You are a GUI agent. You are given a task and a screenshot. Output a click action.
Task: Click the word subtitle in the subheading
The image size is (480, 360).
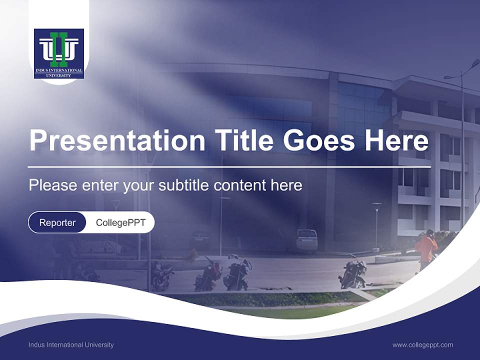pos(184,185)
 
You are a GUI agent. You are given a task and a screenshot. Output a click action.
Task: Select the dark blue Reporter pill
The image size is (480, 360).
pos(57,222)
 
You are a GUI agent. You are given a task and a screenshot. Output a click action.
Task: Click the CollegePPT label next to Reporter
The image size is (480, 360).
pos(120,222)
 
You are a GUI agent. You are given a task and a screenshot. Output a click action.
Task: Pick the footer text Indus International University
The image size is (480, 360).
pos(71,344)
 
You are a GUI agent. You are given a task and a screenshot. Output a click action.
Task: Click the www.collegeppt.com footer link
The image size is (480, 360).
pos(422,344)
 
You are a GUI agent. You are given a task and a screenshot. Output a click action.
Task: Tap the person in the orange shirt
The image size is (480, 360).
pos(426,248)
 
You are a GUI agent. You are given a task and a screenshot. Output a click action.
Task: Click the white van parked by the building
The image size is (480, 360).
pos(306,239)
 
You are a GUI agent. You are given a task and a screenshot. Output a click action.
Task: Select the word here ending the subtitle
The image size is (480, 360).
pos(286,185)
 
